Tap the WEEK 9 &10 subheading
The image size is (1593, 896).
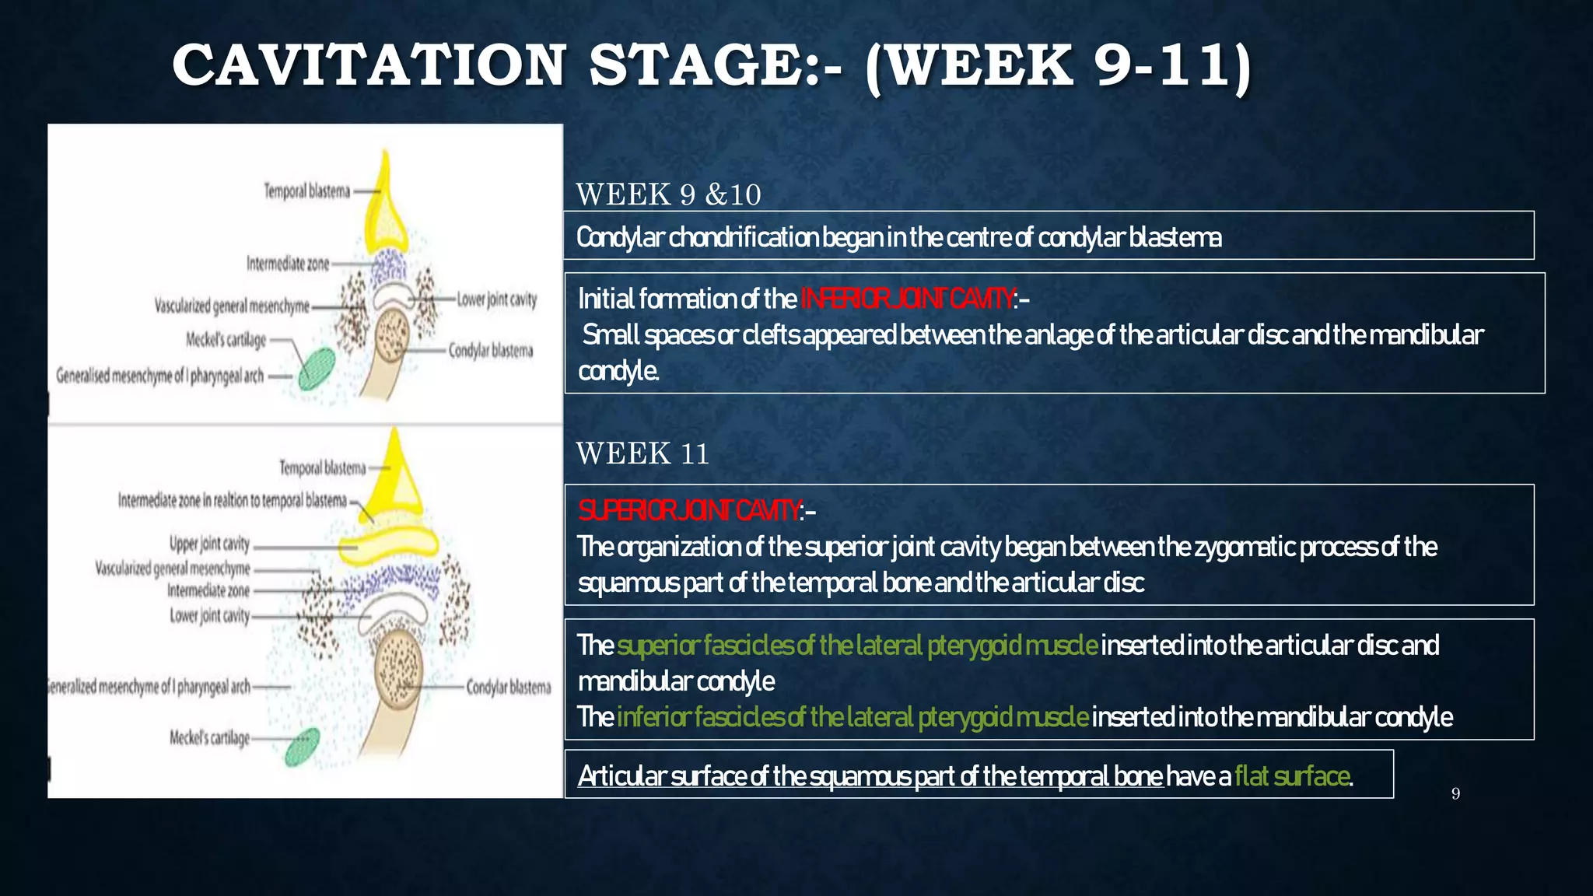click(668, 194)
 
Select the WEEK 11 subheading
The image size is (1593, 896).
click(642, 453)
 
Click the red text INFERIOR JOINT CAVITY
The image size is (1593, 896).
click(907, 299)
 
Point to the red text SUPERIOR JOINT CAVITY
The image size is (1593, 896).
click(689, 511)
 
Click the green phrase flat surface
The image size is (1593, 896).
click(1291, 776)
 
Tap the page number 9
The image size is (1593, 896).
click(1455, 793)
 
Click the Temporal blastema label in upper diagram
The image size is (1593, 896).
click(306, 191)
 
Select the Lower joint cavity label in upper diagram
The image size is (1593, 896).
click(496, 299)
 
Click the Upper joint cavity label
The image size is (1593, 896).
click(209, 543)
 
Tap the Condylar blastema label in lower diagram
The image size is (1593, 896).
click(508, 688)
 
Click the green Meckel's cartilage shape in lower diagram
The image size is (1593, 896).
click(302, 747)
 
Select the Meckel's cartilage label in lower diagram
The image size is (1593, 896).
click(209, 737)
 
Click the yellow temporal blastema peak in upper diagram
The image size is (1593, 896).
click(384, 194)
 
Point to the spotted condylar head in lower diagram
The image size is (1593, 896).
click(399, 663)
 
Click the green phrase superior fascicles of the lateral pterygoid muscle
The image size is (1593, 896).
click(857, 646)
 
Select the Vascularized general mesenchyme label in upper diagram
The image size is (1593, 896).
click(231, 306)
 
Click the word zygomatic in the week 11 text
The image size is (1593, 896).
click(1245, 548)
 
